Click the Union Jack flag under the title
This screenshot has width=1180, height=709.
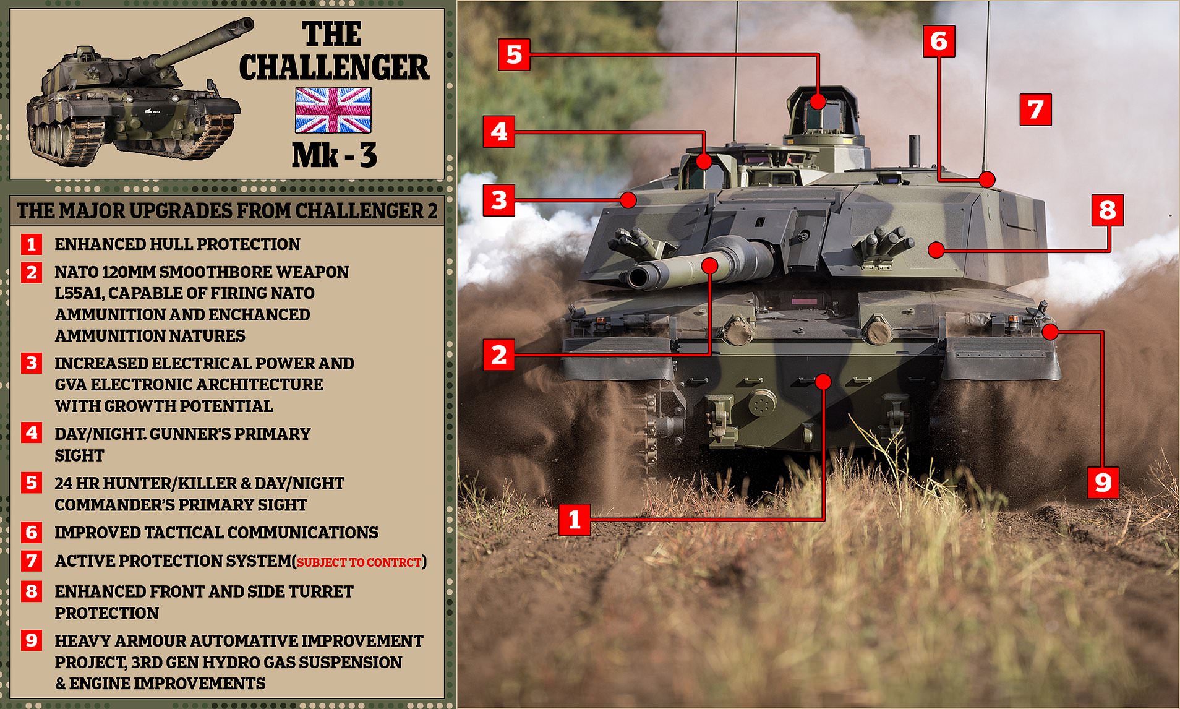(x=333, y=110)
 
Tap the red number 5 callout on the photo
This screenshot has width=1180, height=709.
(x=514, y=54)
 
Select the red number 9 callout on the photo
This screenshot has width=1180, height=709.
(x=1103, y=483)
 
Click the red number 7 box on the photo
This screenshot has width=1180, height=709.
(x=1035, y=110)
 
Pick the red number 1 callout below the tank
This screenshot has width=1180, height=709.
(x=575, y=519)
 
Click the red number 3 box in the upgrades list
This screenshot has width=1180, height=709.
(x=32, y=363)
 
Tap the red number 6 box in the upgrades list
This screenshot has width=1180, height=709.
(x=32, y=532)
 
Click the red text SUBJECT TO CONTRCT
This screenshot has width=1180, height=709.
(x=359, y=562)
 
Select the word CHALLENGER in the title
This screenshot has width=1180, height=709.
(x=334, y=67)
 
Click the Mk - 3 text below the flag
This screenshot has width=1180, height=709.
(x=334, y=155)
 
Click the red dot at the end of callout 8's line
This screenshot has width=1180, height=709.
(x=936, y=250)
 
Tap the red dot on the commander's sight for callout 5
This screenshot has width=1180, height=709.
(x=818, y=101)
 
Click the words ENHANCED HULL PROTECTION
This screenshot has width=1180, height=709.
(x=177, y=244)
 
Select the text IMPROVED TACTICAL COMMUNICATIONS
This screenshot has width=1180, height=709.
(x=216, y=533)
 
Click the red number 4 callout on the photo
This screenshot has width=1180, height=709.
(x=499, y=132)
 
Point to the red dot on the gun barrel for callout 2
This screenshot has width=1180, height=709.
(x=710, y=265)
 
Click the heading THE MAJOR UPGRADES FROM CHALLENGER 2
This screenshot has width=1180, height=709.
(x=227, y=211)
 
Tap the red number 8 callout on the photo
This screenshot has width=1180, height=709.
(x=1107, y=210)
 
